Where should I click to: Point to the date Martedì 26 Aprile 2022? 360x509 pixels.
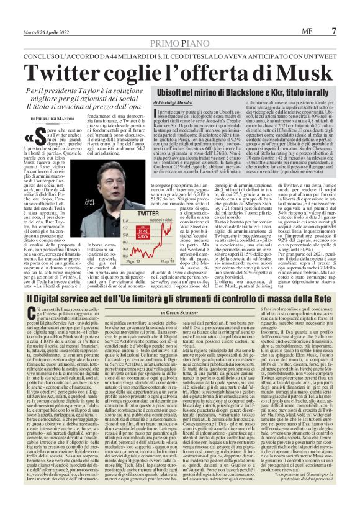click(50, 30)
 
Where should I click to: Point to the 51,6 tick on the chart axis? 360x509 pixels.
click(128, 220)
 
